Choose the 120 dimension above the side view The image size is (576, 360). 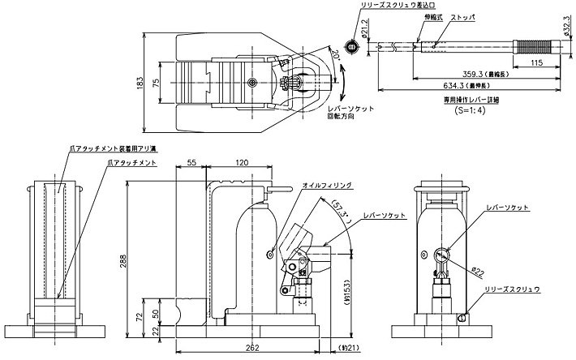242,163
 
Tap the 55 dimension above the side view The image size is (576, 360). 191,163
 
